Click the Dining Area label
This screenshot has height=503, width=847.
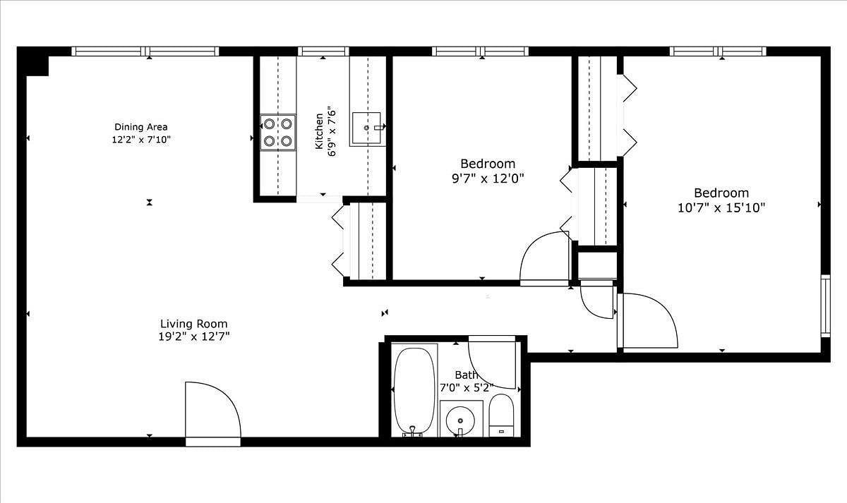coord(141,127)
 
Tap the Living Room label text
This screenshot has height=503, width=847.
coord(194,324)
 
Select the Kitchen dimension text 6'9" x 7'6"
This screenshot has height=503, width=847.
coord(332,131)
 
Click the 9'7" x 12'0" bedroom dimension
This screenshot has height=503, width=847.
coord(488,178)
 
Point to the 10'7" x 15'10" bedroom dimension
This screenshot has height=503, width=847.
coord(721,208)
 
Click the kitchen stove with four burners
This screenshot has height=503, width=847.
coord(278,132)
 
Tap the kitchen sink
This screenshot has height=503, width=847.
coord(367,128)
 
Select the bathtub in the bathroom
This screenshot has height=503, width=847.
coord(414,391)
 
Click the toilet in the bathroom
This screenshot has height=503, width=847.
coord(501,415)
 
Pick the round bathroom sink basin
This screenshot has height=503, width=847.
coord(460,420)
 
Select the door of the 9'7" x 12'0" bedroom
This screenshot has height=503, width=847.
coord(544,258)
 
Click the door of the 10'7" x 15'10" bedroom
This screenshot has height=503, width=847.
coord(648,320)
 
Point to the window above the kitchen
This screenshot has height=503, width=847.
coord(323,51)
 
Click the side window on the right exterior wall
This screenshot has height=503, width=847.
coord(825,306)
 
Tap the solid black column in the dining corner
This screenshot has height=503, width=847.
coord(33,61)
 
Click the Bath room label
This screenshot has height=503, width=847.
coord(467,375)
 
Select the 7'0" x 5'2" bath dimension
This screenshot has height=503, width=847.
coord(467,388)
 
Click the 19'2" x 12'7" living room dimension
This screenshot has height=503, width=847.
coord(194,337)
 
